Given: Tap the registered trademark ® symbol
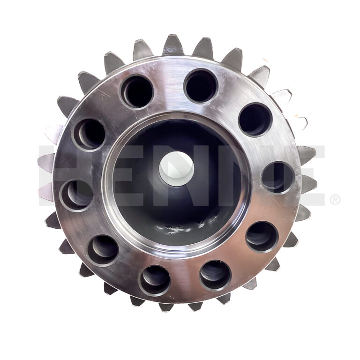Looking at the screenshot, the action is (335, 200).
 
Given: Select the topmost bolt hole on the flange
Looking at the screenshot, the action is (201, 86).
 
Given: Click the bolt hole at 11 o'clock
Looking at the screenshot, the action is (137, 91).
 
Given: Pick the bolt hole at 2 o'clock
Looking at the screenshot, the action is (255, 120).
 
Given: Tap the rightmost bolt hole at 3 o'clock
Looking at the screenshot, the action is (278, 178).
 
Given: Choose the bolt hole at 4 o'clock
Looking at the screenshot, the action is (262, 237).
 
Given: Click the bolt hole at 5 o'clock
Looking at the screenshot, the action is (215, 276).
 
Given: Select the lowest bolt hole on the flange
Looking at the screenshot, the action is (155, 281).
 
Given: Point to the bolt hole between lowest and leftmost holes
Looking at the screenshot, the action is (103, 250).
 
